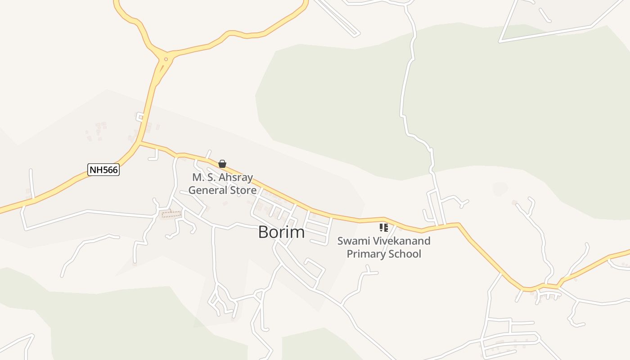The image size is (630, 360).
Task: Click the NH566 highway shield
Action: (103, 170)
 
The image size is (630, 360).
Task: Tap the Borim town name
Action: (281, 232)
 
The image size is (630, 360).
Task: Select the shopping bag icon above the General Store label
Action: (222, 164)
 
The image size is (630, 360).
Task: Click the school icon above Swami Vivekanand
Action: (383, 228)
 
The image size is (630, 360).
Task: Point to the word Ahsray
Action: (235, 177)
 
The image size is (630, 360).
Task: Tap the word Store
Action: (243, 190)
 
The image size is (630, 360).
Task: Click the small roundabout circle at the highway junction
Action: (166, 59)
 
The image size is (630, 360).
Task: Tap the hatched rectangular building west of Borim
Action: (171, 214)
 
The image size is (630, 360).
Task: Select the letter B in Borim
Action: (264, 232)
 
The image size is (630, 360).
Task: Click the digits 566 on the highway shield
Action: (110, 170)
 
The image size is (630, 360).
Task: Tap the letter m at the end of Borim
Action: (298, 232)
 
